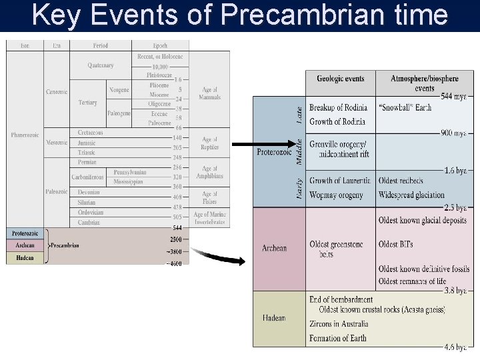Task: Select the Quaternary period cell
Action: [100, 65]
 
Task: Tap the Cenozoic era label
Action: [56, 91]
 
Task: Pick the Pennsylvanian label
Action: [129, 172]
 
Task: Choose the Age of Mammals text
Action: [209, 93]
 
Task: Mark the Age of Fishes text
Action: [209, 197]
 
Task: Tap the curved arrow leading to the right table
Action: [221, 256]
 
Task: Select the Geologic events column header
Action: [340, 79]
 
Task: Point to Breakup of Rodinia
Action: [338, 107]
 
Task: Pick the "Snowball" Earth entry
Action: [405, 107]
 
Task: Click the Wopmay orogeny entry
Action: [337, 195]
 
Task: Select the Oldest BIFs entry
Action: [395, 244]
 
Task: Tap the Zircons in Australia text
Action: [338, 324]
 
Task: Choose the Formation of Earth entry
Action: [337, 338]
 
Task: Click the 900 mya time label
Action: [453, 133]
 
